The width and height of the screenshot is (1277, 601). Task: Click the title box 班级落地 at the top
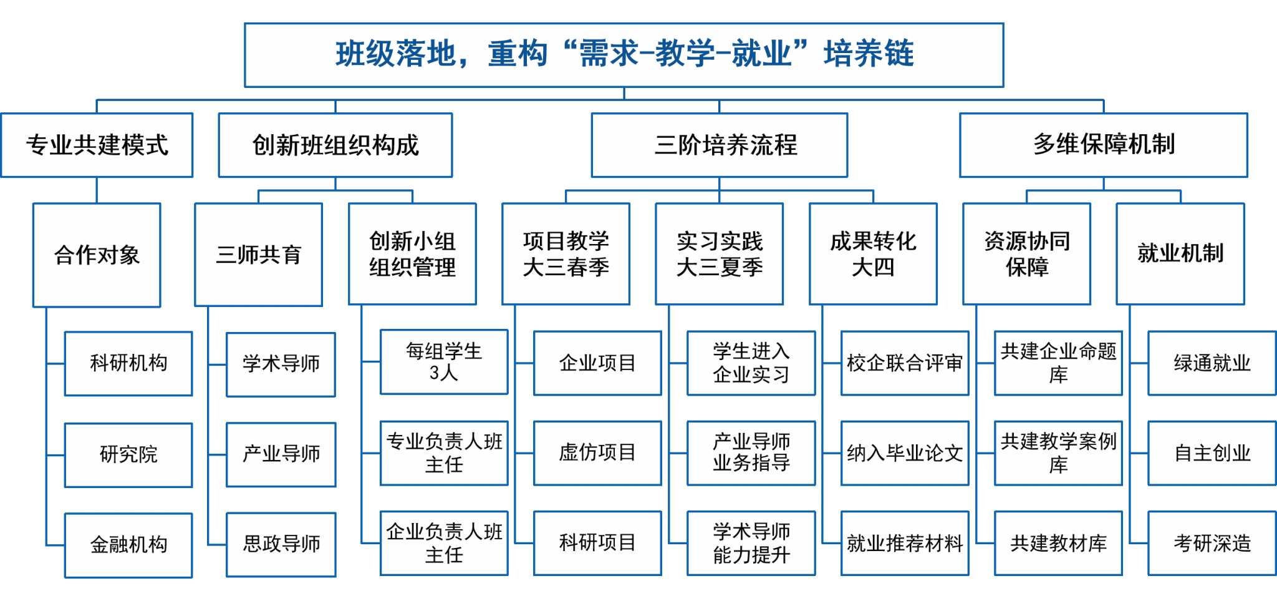(624, 55)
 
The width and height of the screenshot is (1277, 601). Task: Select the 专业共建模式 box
(97, 145)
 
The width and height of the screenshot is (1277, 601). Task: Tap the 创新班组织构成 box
(335, 145)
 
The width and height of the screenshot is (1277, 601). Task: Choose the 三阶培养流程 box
(720, 145)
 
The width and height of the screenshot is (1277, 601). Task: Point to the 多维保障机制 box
(1104, 145)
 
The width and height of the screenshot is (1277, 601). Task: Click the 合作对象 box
(97, 255)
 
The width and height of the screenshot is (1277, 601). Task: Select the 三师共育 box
(259, 254)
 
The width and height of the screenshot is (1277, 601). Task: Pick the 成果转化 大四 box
(873, 253)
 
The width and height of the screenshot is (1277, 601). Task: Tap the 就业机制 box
(1180, 253)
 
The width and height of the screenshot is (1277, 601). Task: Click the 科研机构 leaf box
(128, 363)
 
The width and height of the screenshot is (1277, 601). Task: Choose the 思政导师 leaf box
(281, 544)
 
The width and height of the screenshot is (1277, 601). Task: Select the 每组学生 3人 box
(444, 362)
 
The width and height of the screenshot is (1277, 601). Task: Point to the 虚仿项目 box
(597, 453)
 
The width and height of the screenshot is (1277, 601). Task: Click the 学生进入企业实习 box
(751, 363)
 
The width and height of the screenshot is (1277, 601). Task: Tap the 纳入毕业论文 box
(905, 453)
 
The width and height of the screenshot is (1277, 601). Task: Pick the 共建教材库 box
(1058, 543)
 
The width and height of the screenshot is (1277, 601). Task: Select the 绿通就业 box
(1212, 363)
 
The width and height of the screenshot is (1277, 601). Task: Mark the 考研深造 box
(1212, 543)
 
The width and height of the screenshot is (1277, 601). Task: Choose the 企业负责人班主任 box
(444, 543)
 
